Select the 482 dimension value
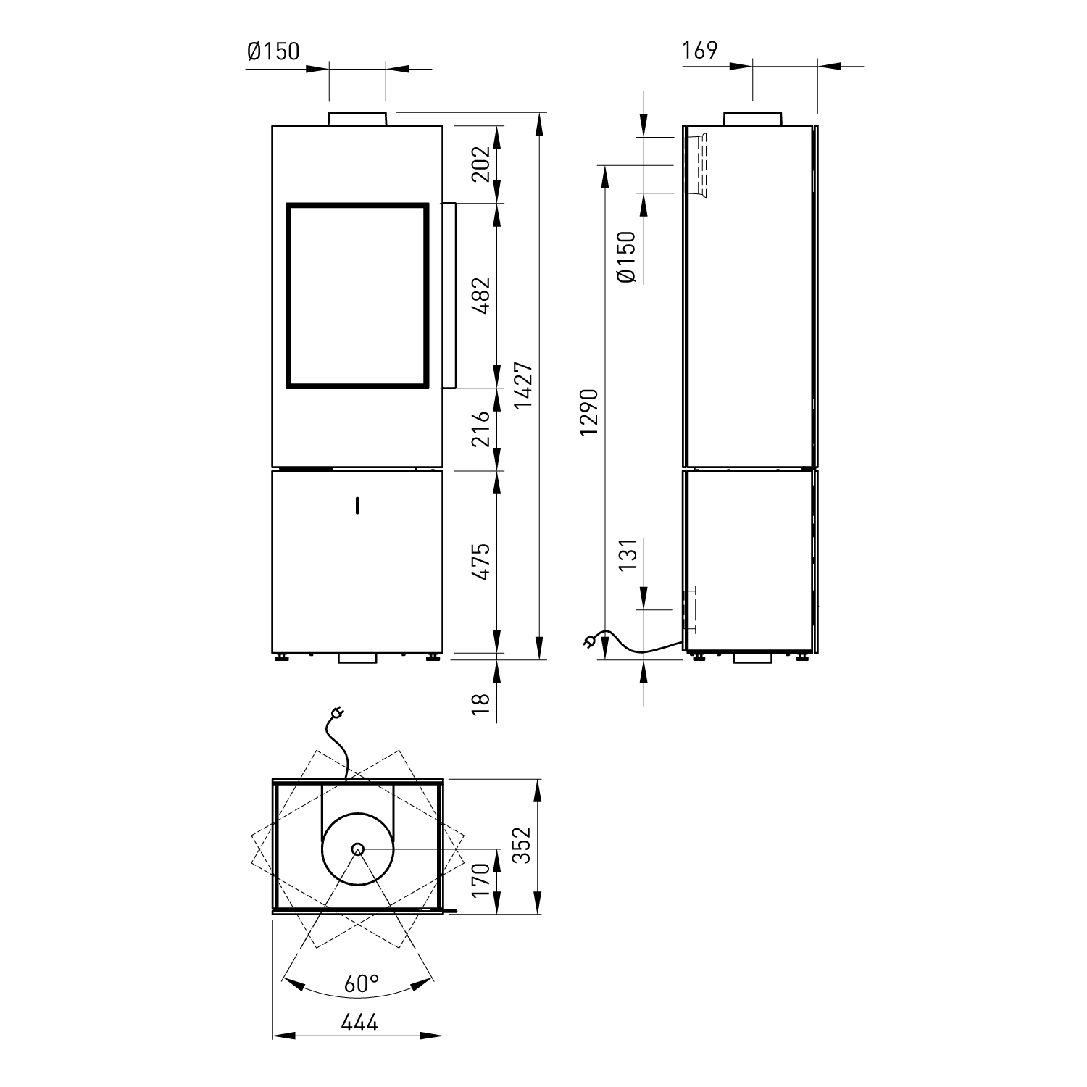click(x=481, y=295)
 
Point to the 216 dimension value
click(x=481, y=429)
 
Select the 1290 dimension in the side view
click(x=589, y=412)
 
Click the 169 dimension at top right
click(x=699, y=51)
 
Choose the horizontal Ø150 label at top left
click(x=272, y=51)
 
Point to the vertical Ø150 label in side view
click(x=628, y=257)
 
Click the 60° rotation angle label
click(x=362, y=983)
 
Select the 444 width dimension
click(x=359, y=1023)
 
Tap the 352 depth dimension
click(x=523, y=845)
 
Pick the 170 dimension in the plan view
click(x=481, y=880)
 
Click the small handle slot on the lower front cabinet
click(x=357, y=504)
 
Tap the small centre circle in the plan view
click(x=357, y=849)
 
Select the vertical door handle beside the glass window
click(x=449, y=295)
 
